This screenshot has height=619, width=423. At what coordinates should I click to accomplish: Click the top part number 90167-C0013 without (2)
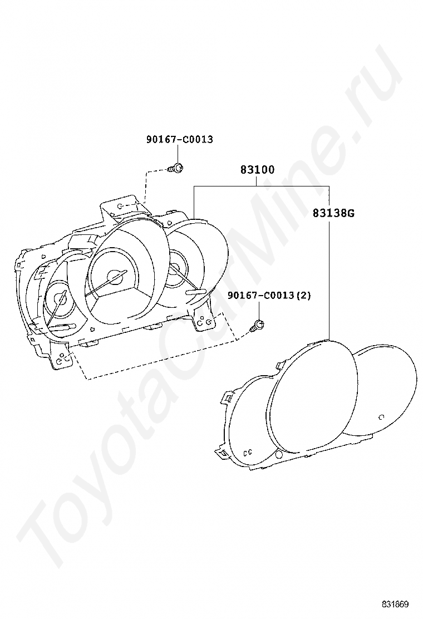[x=179, y=140]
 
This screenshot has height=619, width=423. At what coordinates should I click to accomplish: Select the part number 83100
[x=257, y=170]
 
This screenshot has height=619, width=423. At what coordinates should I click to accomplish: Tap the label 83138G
[x=333, y=213]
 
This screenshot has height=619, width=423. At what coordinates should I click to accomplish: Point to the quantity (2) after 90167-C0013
[x=302, y=295]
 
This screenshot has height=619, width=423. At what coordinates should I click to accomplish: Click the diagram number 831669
[x=395, y=605]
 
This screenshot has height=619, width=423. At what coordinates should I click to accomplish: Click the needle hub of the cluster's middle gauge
[x=116, y=276]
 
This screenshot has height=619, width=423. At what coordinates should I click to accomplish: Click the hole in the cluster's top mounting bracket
[x=120, y=206]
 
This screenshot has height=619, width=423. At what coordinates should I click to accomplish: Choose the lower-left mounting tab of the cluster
[x=63, y=359]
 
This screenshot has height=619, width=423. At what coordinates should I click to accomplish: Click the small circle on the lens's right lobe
[x=381, y=417]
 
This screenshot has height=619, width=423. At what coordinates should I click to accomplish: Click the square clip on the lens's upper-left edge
[x=228, y=397]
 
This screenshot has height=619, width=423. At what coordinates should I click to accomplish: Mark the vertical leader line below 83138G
[x=329, y=278]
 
